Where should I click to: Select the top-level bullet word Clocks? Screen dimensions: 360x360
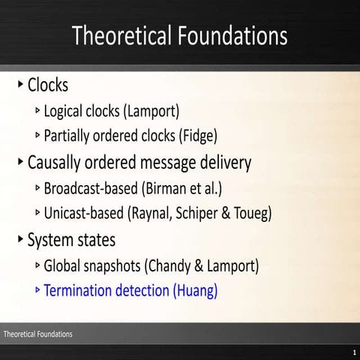tap(48, 85)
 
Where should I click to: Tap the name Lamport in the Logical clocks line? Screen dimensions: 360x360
tap(154, 112)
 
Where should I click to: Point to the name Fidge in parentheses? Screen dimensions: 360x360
tap(196, 136)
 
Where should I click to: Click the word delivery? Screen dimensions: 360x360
tap(223, 162)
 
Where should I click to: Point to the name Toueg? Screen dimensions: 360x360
tap(253, 214)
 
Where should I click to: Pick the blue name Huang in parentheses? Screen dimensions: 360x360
tap(196, 290)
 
